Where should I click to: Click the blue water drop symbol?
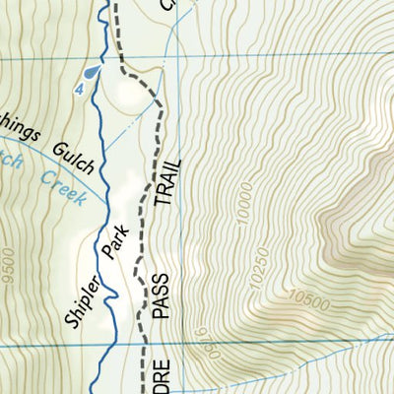(x=92, y=71)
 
